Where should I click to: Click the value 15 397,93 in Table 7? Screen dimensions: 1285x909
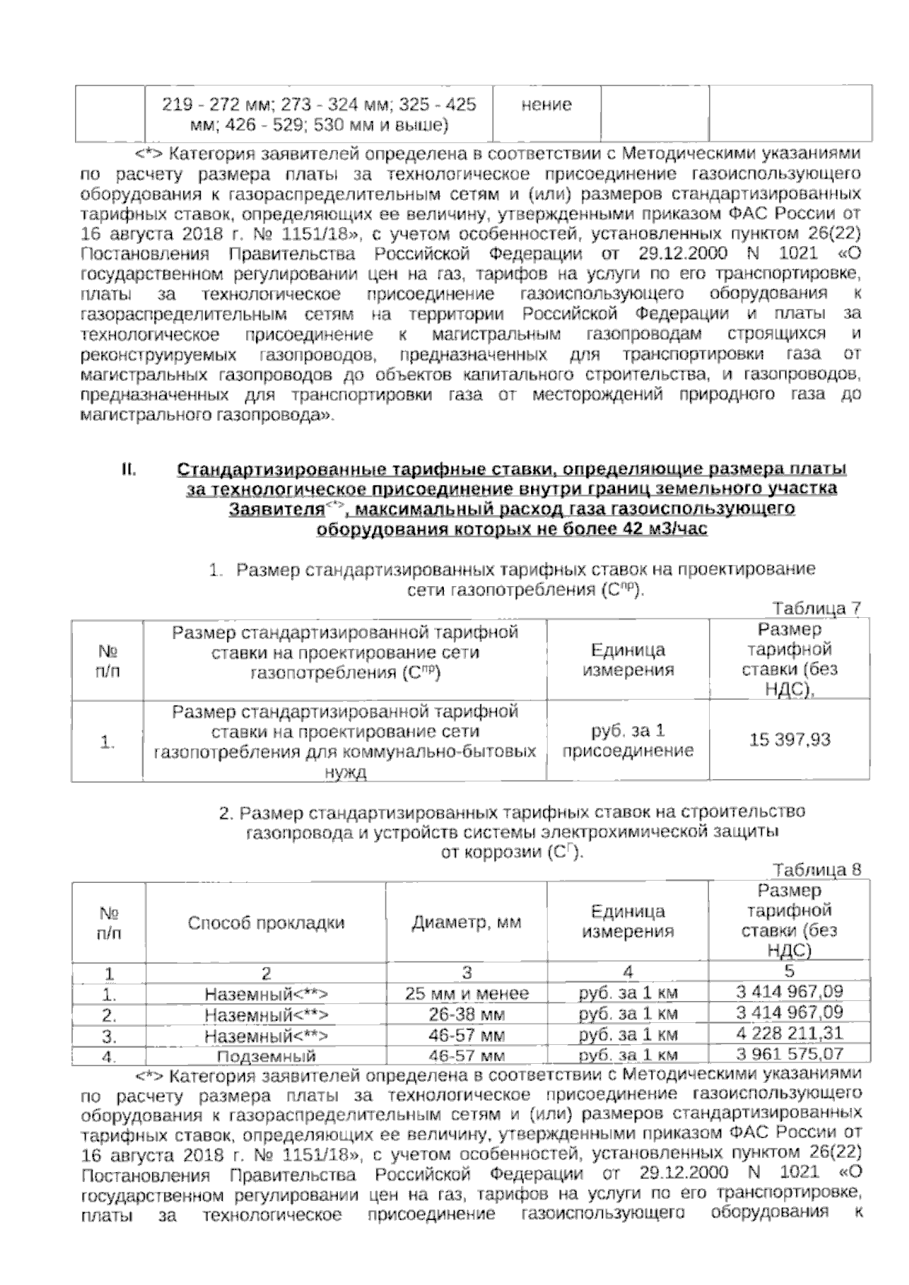pos(789,740)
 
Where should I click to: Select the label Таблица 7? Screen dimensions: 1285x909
pos(816,608)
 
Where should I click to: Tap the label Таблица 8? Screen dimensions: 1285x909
pos(816,870)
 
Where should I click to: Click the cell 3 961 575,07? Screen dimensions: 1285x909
pos(789,1053)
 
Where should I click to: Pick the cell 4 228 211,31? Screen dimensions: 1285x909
pos(789,1034)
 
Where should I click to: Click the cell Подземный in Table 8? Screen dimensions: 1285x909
pos(266,1056)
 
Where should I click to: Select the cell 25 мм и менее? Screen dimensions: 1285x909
pos(467,993)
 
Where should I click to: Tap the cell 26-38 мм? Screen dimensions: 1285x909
pos(467,1014)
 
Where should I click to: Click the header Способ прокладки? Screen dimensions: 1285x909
pos(266,922)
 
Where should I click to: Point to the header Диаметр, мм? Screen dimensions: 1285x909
pos(467,922)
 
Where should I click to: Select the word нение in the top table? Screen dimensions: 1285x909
pos(546,104)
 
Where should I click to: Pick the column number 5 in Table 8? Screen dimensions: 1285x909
pos(789,972)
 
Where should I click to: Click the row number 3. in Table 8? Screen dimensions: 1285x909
pos(109,1034)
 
